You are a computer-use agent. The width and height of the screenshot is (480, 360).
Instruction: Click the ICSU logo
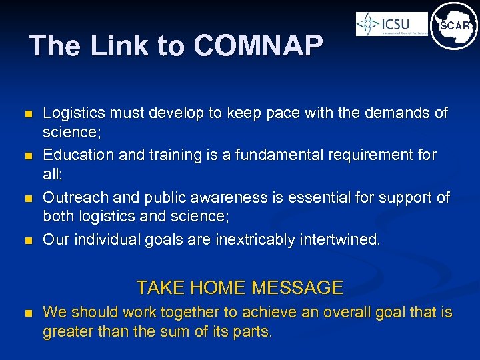click(391, 25)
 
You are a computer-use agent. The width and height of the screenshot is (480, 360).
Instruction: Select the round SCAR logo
click(454, 26)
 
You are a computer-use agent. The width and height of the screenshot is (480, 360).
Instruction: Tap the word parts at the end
click(252, 331)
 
